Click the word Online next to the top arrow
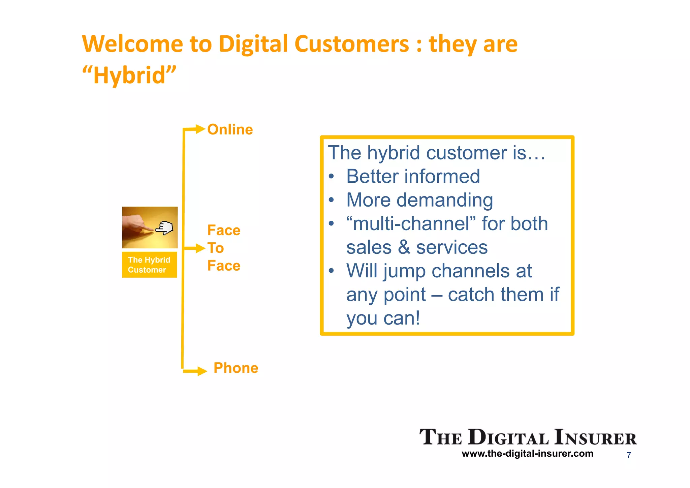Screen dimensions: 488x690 230,130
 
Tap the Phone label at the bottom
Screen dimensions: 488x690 236,368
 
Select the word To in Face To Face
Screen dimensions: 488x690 216,248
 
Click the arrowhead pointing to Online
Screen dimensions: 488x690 200,129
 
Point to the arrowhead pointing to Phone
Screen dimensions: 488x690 202,371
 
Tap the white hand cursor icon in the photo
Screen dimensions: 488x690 164,228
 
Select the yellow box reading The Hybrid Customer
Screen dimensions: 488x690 149,265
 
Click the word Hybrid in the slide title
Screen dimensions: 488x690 129,75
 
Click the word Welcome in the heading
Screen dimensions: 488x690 133,44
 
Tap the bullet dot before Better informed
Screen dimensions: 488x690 332,177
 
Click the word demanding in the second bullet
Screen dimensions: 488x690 444,201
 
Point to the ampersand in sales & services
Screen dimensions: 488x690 404,247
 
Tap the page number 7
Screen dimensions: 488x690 629,455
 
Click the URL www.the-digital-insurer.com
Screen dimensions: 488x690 527,454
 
